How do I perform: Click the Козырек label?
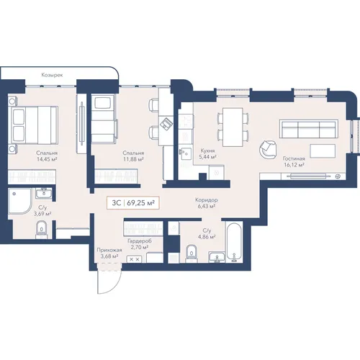pyautogui.click(x=52, y=75)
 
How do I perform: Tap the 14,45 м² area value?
pyautogui.click(x=47, y=159)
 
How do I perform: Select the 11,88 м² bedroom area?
pyautogui.click(x=133, y=159)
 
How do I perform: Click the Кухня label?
pyautogui.click(x=207, y=150)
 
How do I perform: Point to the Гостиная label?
pyautogui.click(x=294, y=158)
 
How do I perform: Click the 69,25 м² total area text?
pyautogui.click(x=140, y=203)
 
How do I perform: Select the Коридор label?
pyautogui.click(x=207, y=199)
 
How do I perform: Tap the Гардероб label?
pyautogui.click(x=140, y=241)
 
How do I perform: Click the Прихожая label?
pyautogui.click(x=109, y=250)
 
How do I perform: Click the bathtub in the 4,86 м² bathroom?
pyautogui.click(x=234, y=242)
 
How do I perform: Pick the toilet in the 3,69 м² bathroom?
pyautogui.click(x=42, y=230)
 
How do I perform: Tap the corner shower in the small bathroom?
pyautogui.click(x=20, y=201)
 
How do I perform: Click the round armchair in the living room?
pyautogui.click(x=268, y=149)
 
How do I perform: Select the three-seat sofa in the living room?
pyautogui.click(x=309, y=129)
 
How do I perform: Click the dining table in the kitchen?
pyautogui.click(x=233, y=127)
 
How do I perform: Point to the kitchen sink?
pyautogui.click(x=186, y=153)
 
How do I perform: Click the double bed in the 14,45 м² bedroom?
pyautogui.click(x=33, y=125)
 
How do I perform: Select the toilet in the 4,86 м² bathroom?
pyautogui.click(x=192, y=253)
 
